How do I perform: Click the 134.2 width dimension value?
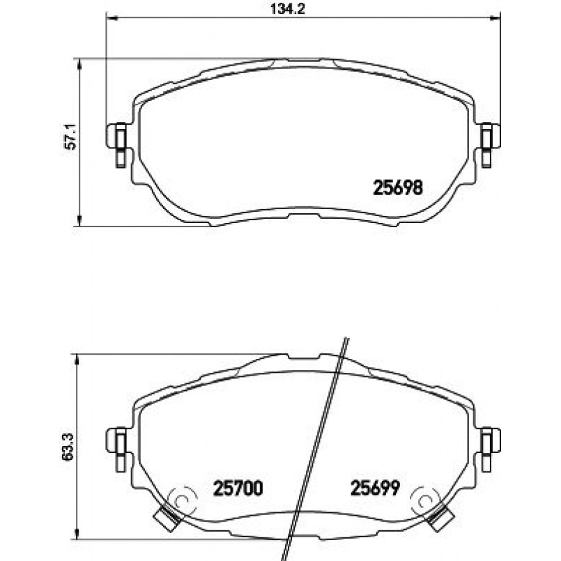pyautogui.click(x=288, y=8)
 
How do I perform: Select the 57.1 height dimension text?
pyautogui.click(x=70, y=137)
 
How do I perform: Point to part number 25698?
pyautogui.click(x=398, y=187)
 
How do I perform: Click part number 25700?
pyautogui.click(x=238, y=488)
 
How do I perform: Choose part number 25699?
pyautogui.click(x=375, y=488)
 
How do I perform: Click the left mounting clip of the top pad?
pyautogui.click(x=117, y=144)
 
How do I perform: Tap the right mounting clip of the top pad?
pyautogui.click(x=490, y=144)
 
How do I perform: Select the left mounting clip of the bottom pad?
pyautogui.click(x=117, y=449)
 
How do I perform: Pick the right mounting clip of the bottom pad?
pyautogui.click(x=490, y=449)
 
